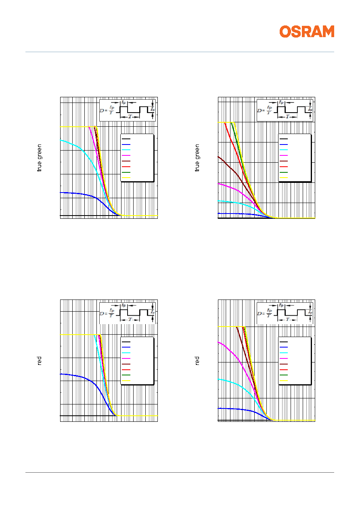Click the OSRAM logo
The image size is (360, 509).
307,31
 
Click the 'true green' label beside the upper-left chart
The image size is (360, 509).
39,158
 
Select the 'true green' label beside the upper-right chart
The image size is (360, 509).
197,158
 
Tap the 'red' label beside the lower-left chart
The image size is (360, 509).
39,360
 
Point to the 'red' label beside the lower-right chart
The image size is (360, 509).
197,360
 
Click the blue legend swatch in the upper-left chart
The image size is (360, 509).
126,144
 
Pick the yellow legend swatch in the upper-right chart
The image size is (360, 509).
283,178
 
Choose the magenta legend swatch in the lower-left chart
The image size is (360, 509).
126,358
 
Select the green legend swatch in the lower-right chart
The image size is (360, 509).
283,375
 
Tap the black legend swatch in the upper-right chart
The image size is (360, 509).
283,138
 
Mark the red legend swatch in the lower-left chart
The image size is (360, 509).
126,369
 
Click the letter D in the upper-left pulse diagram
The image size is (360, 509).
102,111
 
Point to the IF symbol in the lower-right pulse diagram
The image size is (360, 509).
310,312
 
